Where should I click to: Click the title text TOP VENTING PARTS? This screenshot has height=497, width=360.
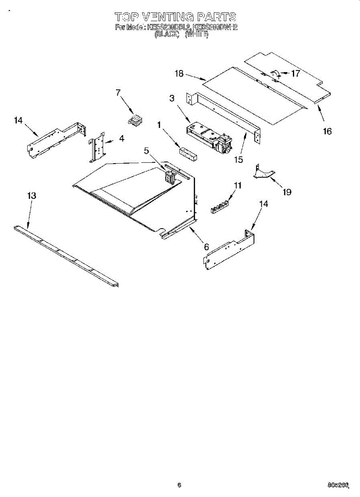click(x=175, y=17)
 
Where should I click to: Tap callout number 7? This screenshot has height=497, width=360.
click(x=118, y=93)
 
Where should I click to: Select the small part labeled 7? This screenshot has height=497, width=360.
click(x=134, y=121)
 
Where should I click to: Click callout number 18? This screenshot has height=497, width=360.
click(x=179, y=74)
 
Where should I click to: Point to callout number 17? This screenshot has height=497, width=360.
click(x=295, y=74)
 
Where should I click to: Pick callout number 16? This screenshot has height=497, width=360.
click(x=327, y=131)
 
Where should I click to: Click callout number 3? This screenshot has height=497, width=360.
click(x=172, y=98)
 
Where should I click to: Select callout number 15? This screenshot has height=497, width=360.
click(x=238, y=159)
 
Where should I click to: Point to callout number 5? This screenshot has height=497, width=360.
click(x=147, y=151)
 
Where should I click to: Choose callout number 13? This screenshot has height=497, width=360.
click(x=31, y=196)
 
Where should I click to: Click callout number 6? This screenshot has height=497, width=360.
click(x=206, y=246)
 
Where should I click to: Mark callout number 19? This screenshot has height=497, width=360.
click(x=286, y=192)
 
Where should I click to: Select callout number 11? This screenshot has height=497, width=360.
click(x=237, y=186)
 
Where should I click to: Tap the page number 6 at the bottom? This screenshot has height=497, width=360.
click(x=179, y=485)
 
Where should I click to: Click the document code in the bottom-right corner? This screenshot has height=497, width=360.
click(x=338, y=485)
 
